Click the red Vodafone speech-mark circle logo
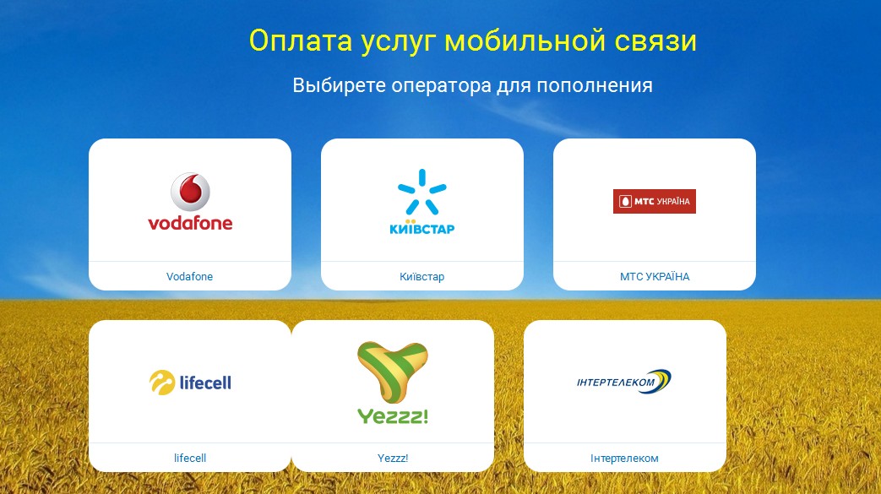190,192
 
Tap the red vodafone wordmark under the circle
190,223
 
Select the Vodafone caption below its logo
189,276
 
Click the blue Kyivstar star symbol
422,192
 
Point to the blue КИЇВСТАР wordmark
422,228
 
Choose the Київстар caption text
422,276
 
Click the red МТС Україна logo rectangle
655,201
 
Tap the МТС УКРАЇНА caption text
655,276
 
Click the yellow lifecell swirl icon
162,383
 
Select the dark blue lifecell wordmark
205,383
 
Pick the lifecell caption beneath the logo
190,458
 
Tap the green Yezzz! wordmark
393,415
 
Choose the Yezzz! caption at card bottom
393,458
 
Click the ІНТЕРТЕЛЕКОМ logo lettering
616,383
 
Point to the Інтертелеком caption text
624,458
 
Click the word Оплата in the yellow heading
301,41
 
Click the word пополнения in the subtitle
595,85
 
